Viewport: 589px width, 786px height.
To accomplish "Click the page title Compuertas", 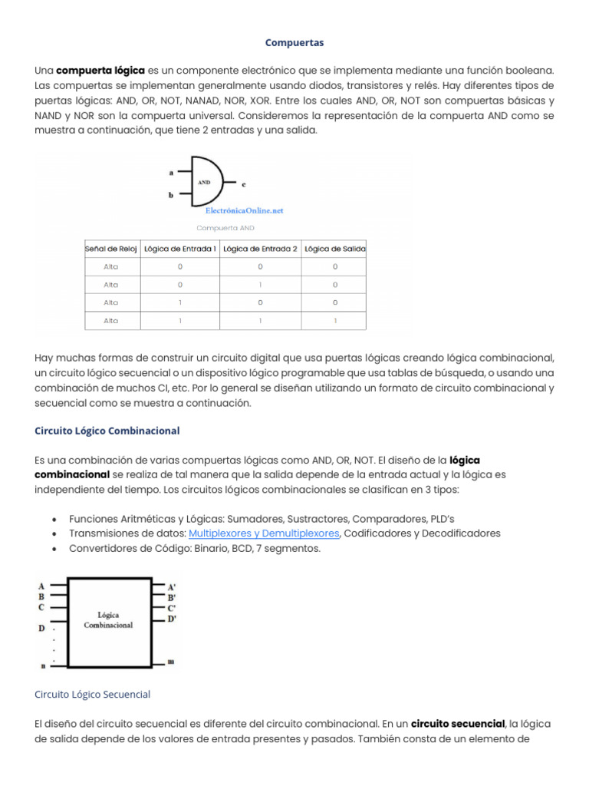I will click(294, 42).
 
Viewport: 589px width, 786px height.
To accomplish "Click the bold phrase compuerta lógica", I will click(100, 70).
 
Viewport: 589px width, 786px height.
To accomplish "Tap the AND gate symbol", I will click(205, 183).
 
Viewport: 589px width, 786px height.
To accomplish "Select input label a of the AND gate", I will click(170, 173).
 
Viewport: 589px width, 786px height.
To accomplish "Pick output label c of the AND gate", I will click(243, 184).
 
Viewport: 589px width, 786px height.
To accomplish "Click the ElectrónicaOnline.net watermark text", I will click(244, 210).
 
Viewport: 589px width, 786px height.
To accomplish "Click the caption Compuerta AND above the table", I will click(225, 228).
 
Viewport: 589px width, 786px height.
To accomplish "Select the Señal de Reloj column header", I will click(111, 248).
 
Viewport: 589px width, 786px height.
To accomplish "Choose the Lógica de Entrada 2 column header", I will click(260, 248).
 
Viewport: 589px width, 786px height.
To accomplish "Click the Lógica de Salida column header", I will click(334, 248).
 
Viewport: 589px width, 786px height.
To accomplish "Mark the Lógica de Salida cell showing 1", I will click(334, 321).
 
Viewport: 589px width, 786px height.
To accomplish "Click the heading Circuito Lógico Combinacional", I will click(107, 431).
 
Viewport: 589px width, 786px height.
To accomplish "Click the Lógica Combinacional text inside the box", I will click(109, 619).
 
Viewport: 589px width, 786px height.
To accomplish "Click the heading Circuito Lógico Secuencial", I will click(93, 694).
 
